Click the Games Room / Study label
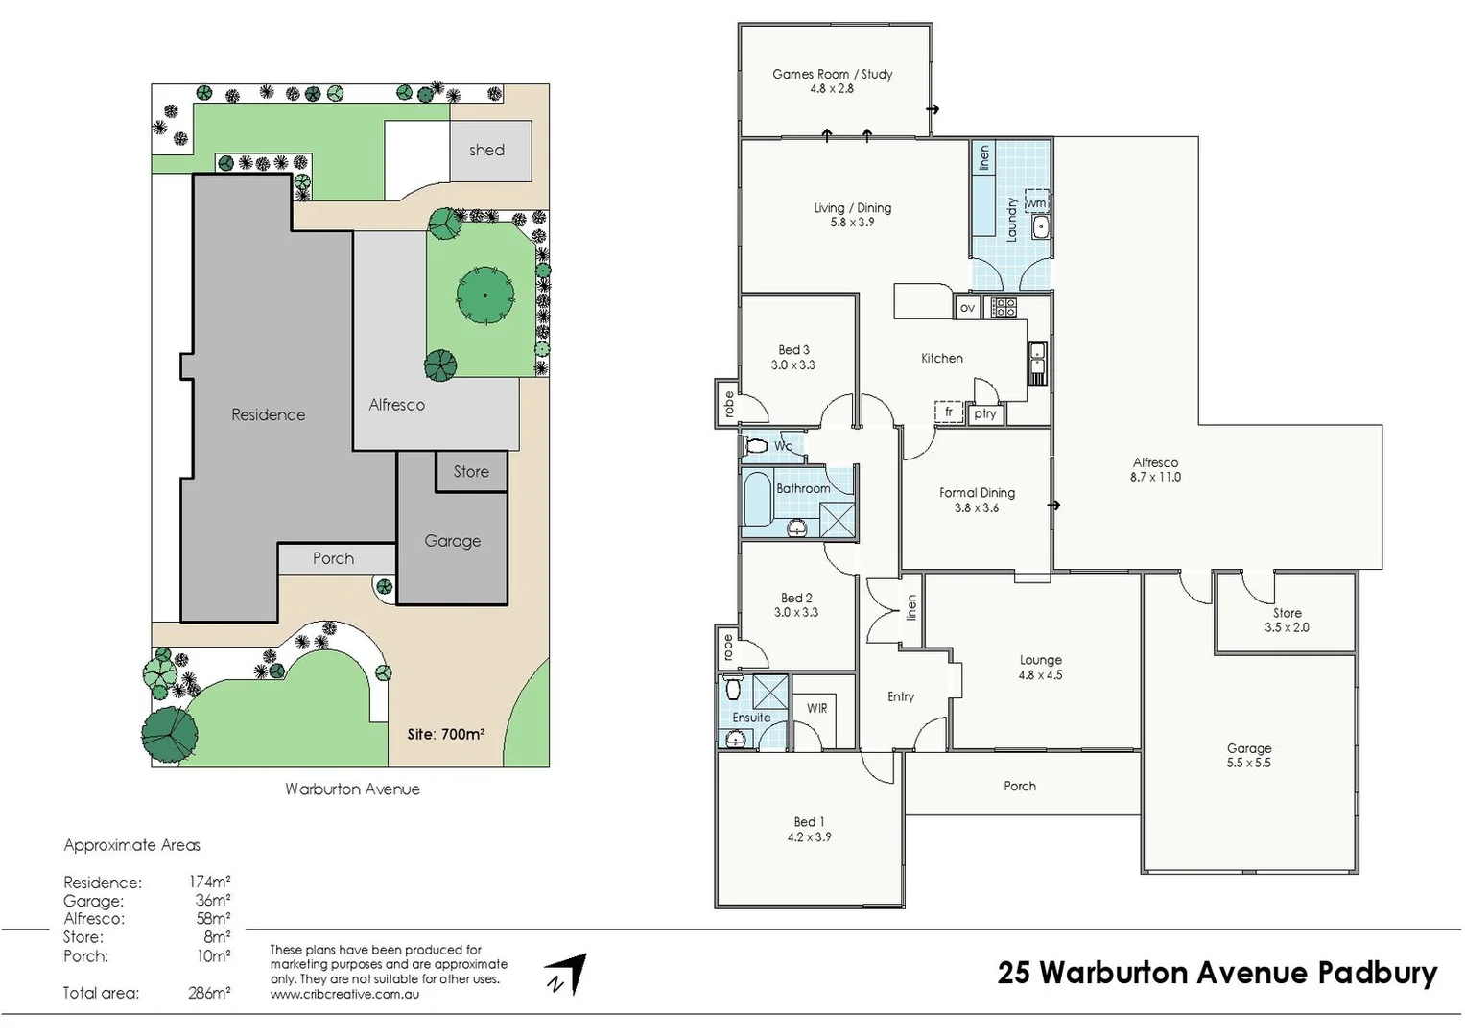[x=832, y=74]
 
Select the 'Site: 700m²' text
[x=445, y=734]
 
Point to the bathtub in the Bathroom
[x=757, y=499]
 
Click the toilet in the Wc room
[x=756, y=446]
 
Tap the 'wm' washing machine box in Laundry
[x=1036, y=202]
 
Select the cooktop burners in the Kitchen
[x=1004, y=307]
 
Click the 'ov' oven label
[x=967, y=308]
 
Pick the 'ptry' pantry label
[x=984, y=414]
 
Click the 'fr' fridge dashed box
[x=949, y=412]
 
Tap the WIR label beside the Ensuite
[x=816, y=708]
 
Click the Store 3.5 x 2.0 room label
[x=1287, y=620]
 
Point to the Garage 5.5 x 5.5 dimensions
[x=1248, y=763]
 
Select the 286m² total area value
[x=209, y=993]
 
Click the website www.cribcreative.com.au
[x=344, y=995]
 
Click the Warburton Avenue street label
[x=352, y=789]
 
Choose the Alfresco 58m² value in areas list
[x=213, y=919]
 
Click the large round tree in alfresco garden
[x=485, y=294]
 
